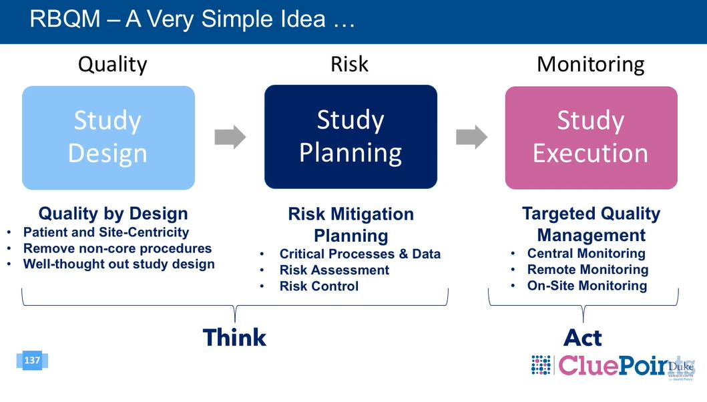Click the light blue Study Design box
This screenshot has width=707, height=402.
[x=108, y=138]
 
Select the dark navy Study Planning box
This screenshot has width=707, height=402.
[x=350, y=137]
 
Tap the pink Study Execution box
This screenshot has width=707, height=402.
[x=591, y=138]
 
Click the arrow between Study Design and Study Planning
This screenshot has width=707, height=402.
[x=230, y=138]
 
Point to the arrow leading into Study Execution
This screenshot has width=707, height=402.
[x=471, y=138]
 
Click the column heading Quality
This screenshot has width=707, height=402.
[x=112, y=65]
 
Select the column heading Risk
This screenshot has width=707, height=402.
[x=349, y=64]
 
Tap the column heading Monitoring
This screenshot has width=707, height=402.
[x=590, y=65]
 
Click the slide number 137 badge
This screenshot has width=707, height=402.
[x=32, y=361]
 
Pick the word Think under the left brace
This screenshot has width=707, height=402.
[x=234, y=338]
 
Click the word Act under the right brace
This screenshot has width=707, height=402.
[x=583, y=338]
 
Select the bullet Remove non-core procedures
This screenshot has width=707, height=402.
[x=117, y=248]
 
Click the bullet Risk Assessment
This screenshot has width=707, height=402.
[x=334, y=270]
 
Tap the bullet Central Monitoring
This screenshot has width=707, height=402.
[x=585, y=254]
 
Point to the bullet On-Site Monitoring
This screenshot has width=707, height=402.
[x=586, y=286]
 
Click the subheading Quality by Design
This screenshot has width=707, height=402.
[x=113, y=214]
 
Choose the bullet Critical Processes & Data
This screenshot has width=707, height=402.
[x=359, y=254]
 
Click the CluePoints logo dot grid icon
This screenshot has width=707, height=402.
[x=541, y=365]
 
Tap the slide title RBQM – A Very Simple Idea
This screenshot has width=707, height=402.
[x=192, y=19]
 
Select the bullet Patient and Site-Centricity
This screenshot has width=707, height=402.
[x=105, y=232]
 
